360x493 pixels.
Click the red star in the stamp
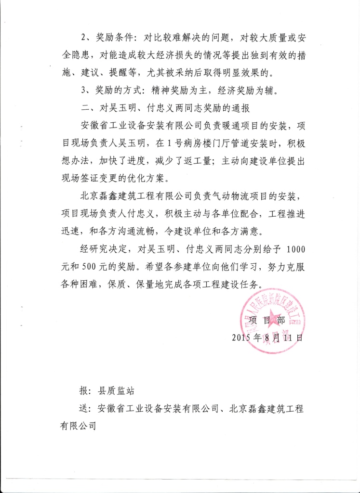point(276,320)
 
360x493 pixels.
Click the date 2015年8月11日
point(267,337)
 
